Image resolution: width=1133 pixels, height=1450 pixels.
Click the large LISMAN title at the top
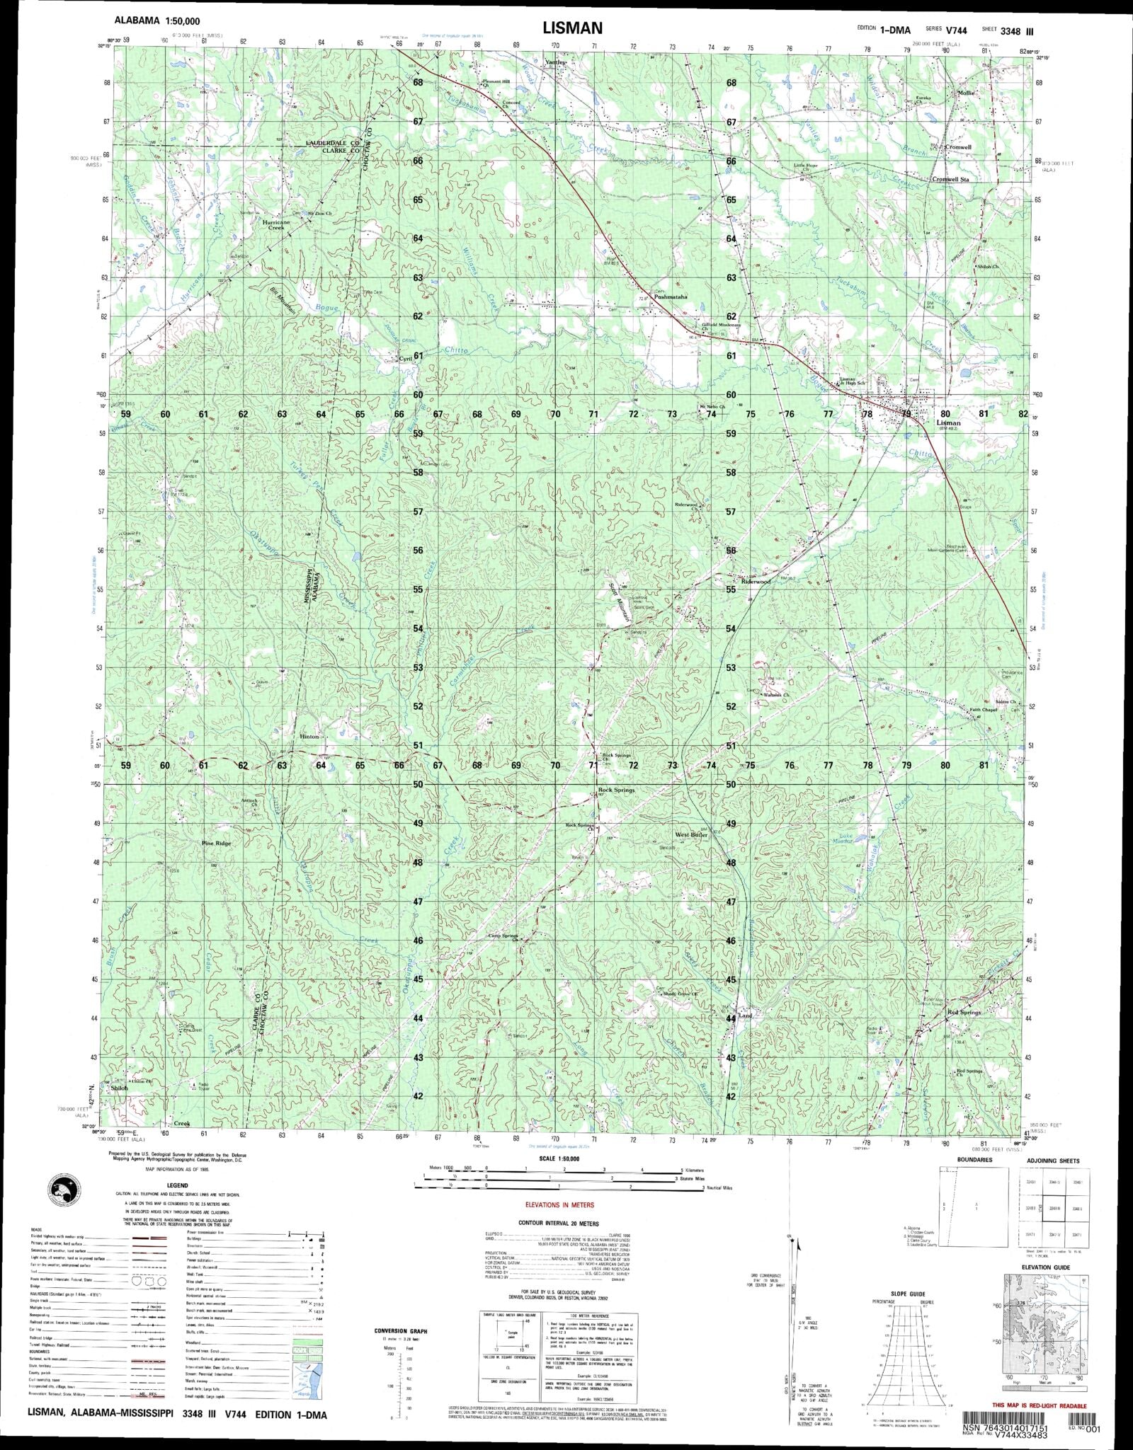point(573,28)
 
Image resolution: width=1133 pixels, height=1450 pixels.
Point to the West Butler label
point(691,835)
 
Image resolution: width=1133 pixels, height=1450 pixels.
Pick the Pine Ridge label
point(217,844)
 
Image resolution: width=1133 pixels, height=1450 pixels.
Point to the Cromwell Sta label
point(950,180)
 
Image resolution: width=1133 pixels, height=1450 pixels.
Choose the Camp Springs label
point(504,936)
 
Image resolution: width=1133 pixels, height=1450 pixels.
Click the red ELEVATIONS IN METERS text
point(559,1204)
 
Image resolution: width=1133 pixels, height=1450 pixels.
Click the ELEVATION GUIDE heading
point(1045,1267)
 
